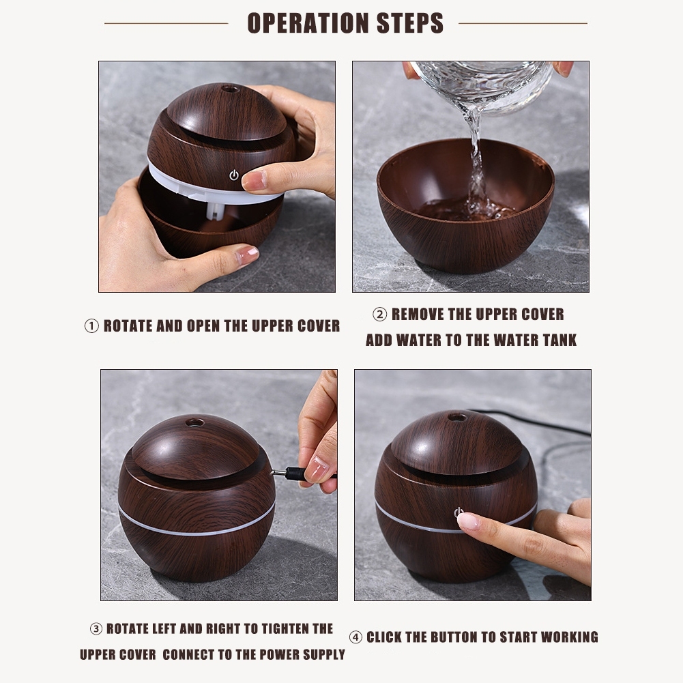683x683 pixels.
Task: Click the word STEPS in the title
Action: pos(410,23)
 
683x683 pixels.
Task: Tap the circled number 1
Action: pos(91,326)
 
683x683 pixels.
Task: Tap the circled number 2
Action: pos(380,315)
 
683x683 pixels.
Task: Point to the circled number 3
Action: pos(96,628)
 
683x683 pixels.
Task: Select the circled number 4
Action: pos(355,637)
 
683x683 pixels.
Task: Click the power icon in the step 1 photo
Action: pos(234,175)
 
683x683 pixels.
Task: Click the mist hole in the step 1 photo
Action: pos(229,89)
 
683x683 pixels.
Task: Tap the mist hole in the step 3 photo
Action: pos(194,422)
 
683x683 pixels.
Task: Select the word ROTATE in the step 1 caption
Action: pos(128,326)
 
